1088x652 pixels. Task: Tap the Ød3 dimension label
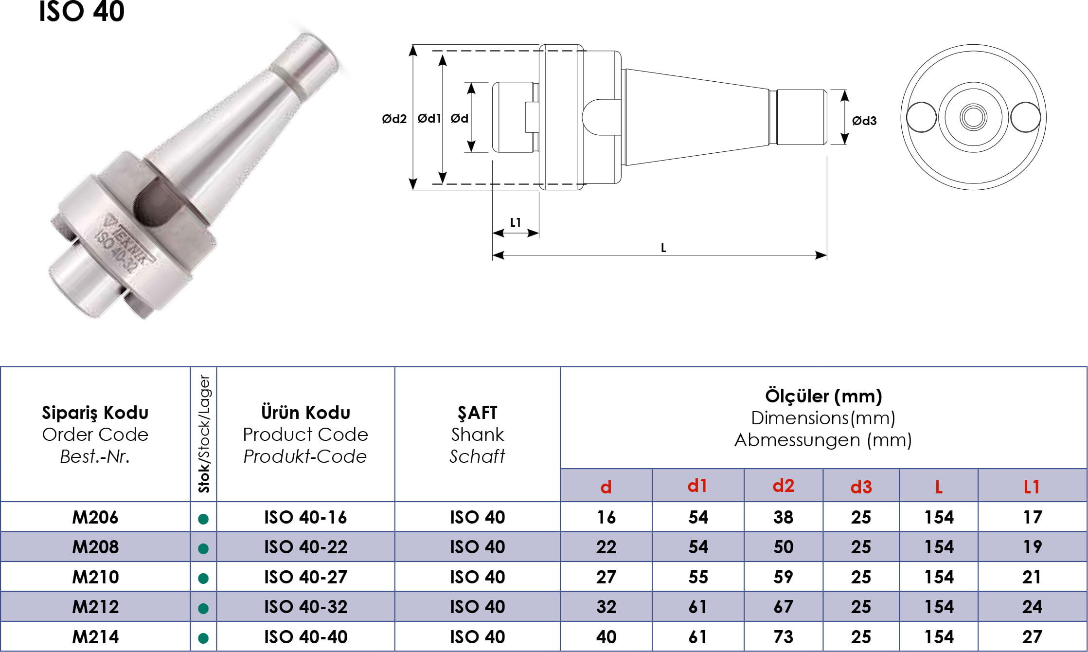click(864, 121)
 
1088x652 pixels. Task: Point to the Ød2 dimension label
click(394, 119)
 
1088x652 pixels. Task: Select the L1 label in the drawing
click(516, 222)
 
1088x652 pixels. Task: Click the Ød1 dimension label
click(429, 118)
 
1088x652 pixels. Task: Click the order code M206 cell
click(95, 517)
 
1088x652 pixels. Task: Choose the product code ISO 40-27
click(306, 577)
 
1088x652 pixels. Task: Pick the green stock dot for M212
click(204, 608)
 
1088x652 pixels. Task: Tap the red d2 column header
click(783, 486)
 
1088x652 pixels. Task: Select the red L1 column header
click(1032, 487)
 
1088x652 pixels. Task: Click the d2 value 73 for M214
click(783, 637)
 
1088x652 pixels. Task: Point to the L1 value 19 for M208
click(1032, 547)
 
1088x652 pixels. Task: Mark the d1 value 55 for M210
click(698, 577)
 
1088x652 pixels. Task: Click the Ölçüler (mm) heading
click(823, 396)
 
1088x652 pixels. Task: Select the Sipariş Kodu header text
click(95, 413)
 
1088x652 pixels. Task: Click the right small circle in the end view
click(1025, 117)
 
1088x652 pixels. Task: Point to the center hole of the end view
click(973, 117)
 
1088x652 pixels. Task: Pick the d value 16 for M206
click(606, 517)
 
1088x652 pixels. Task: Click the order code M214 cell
click(95, 637)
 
